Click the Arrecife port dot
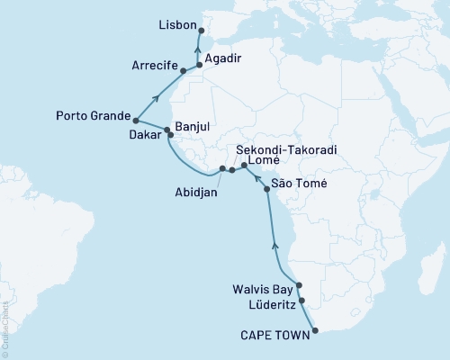tap(184, 70)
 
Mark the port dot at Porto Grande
tap(135, 120)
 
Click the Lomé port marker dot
tap(244, 166)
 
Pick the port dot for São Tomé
tap(266, 189)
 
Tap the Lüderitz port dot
tap(301, 301)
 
